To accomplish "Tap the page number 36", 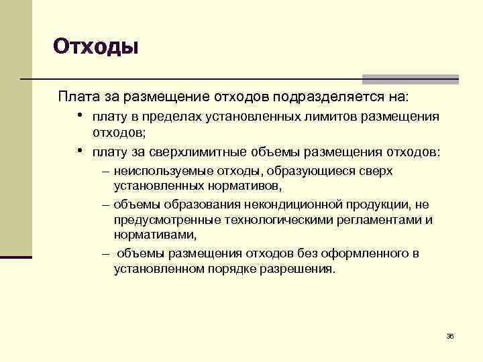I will tap(450, 335).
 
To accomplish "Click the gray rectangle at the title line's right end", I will tap(410, 78).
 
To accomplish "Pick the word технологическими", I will tap(265, 220).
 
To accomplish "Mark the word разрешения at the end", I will tap(299, 269).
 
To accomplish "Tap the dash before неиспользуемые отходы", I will tap(107, 171).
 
